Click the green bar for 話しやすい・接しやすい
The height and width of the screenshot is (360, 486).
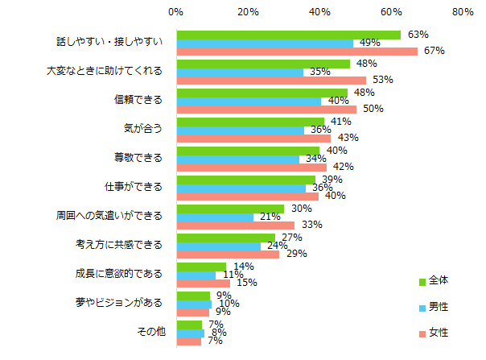pos(288,35)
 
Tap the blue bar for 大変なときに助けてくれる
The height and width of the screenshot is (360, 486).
pos(240,72)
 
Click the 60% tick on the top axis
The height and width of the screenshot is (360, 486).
pos(391,12)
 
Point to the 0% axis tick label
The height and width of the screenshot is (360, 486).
pos(176,12)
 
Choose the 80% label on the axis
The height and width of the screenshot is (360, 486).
pos(463,12)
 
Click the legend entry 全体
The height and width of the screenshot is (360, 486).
pos(439,280)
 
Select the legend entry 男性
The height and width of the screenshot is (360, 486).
pos(439,306)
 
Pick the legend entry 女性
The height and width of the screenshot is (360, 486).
pos(439,332)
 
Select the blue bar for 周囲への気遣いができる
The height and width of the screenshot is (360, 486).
pos(215,217)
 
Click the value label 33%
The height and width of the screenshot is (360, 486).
pos(307,226)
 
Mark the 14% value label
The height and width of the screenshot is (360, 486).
pos(244,266)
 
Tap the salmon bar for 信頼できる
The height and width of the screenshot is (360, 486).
pos(266,110)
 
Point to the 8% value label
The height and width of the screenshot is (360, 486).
pos(217,332)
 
